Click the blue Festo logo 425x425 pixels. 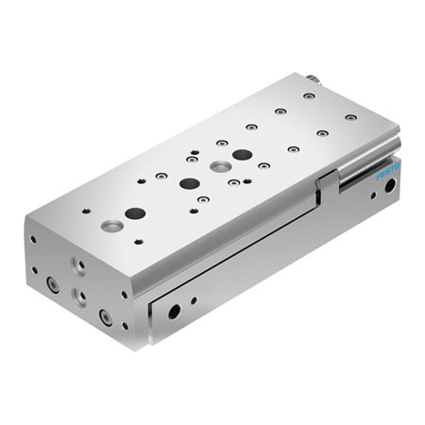[x=388, y=172]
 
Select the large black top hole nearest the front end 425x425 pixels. [x=135, y=213]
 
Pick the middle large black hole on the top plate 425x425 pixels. [x=189, y=183]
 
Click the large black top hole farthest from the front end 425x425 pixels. [x=242, y=154]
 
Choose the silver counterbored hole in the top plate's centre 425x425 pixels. [x=219, y=166]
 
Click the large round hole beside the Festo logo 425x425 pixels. [x=389, y=187]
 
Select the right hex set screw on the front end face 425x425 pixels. [x=106, y=318]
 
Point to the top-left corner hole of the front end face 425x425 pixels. [x=34, y=239]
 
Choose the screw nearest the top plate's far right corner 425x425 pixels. [x=350, y=117]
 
